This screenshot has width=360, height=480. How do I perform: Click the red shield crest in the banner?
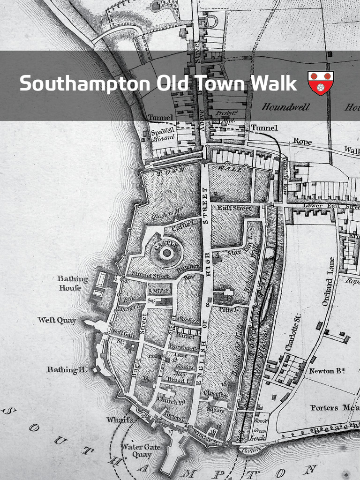click(321, 83)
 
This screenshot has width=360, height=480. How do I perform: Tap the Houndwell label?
click(285, 107)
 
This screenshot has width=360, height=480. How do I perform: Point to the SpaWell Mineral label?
click(163, 135)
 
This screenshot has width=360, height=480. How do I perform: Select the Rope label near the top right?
click(302, 141)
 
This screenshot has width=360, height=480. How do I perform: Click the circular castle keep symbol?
click(166, 253)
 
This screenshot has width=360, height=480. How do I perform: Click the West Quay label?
click(57, 321)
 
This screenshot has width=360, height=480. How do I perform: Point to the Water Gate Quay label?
click(141, 450)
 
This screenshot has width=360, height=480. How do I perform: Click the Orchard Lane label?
click(328, 281)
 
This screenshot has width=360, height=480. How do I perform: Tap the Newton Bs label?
click(327, 371)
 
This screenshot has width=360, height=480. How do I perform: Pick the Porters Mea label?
click(334, 408)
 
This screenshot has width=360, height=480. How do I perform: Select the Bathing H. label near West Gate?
click(66, 370)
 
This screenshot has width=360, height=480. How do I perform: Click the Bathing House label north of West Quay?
click(72, 283)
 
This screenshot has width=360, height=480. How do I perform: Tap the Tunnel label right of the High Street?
click(264, 127)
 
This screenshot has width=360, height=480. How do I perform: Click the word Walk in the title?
click(273, 84)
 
